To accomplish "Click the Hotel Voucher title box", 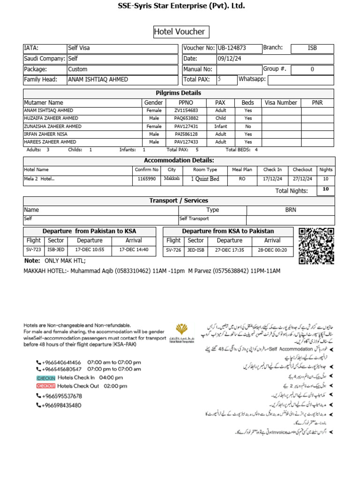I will (180, 32).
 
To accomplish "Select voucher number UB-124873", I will (232, 48).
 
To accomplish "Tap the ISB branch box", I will (312, 48).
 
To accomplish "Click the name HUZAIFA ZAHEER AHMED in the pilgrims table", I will (51, 119).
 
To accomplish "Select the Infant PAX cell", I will (220, 127).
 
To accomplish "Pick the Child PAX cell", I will (220, 119).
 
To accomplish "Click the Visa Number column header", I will (281, 103).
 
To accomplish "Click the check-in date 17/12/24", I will (272, 179).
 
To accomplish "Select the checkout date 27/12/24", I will (302, 179).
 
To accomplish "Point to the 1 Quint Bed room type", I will (205, 179).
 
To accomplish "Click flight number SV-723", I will (34, 250).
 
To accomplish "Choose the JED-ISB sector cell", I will (196, 250).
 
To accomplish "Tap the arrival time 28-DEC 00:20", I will (272, 250).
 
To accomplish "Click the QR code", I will (316, 246).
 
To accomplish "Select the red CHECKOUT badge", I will (46, 386).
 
